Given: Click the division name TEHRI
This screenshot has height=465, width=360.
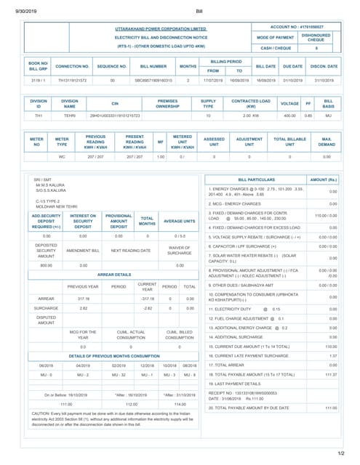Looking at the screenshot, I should click(x=70, y=115).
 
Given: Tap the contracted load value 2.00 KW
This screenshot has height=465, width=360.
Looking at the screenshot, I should click(x=250, y=115).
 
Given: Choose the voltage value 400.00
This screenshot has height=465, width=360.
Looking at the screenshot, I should click(x=289, y=115).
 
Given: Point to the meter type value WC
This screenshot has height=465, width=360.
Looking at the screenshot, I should click(x=62, y=156).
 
